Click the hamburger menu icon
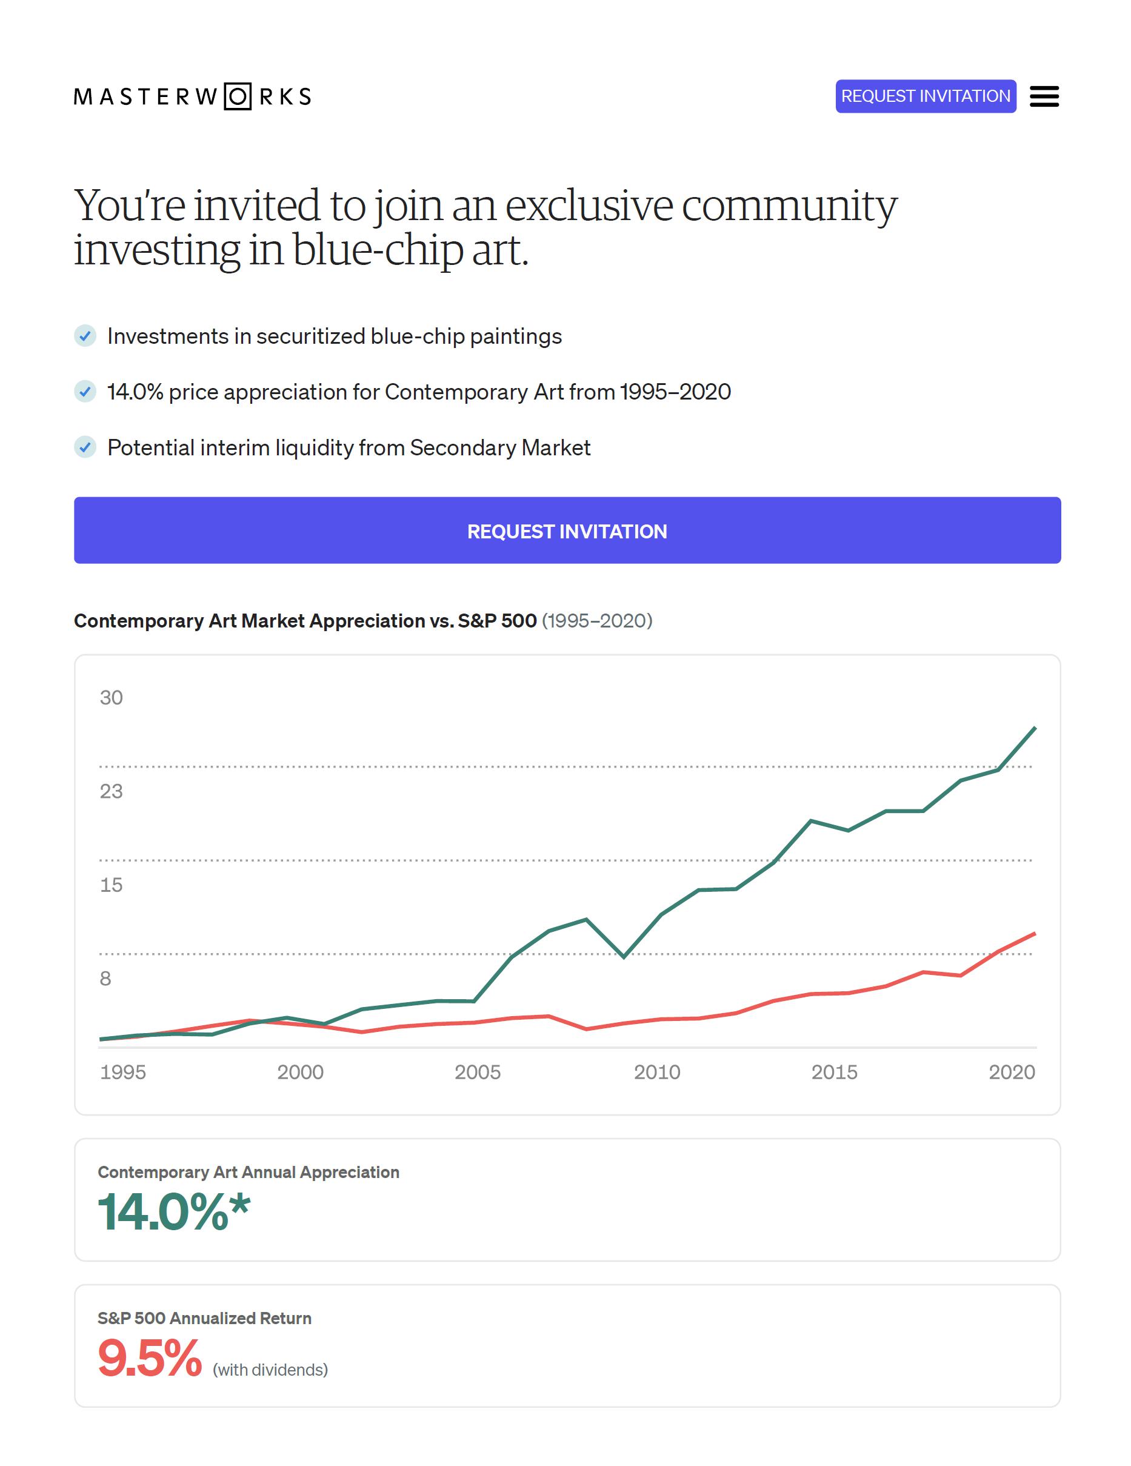[1044, 96]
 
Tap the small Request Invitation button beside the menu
[925, 96]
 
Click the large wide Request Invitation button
[567, 531]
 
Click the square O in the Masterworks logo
[237, 96]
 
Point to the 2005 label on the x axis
[477, 1072]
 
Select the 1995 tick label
[123, 1072]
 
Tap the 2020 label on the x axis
[1012, 1072]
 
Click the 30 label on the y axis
[112, 698]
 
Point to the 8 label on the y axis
[105, 979]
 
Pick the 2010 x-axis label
[657, 1072]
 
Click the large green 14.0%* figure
[174, 1213]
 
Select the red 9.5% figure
[150, 1358]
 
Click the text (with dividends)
[270, 1370]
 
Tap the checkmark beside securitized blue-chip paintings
[85, 336]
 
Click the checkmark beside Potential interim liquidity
[85, 447]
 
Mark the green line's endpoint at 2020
[1035, 728]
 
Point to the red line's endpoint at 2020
[1035, 934]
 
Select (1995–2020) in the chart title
[596, 621]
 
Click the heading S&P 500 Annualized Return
[205, 1318]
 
